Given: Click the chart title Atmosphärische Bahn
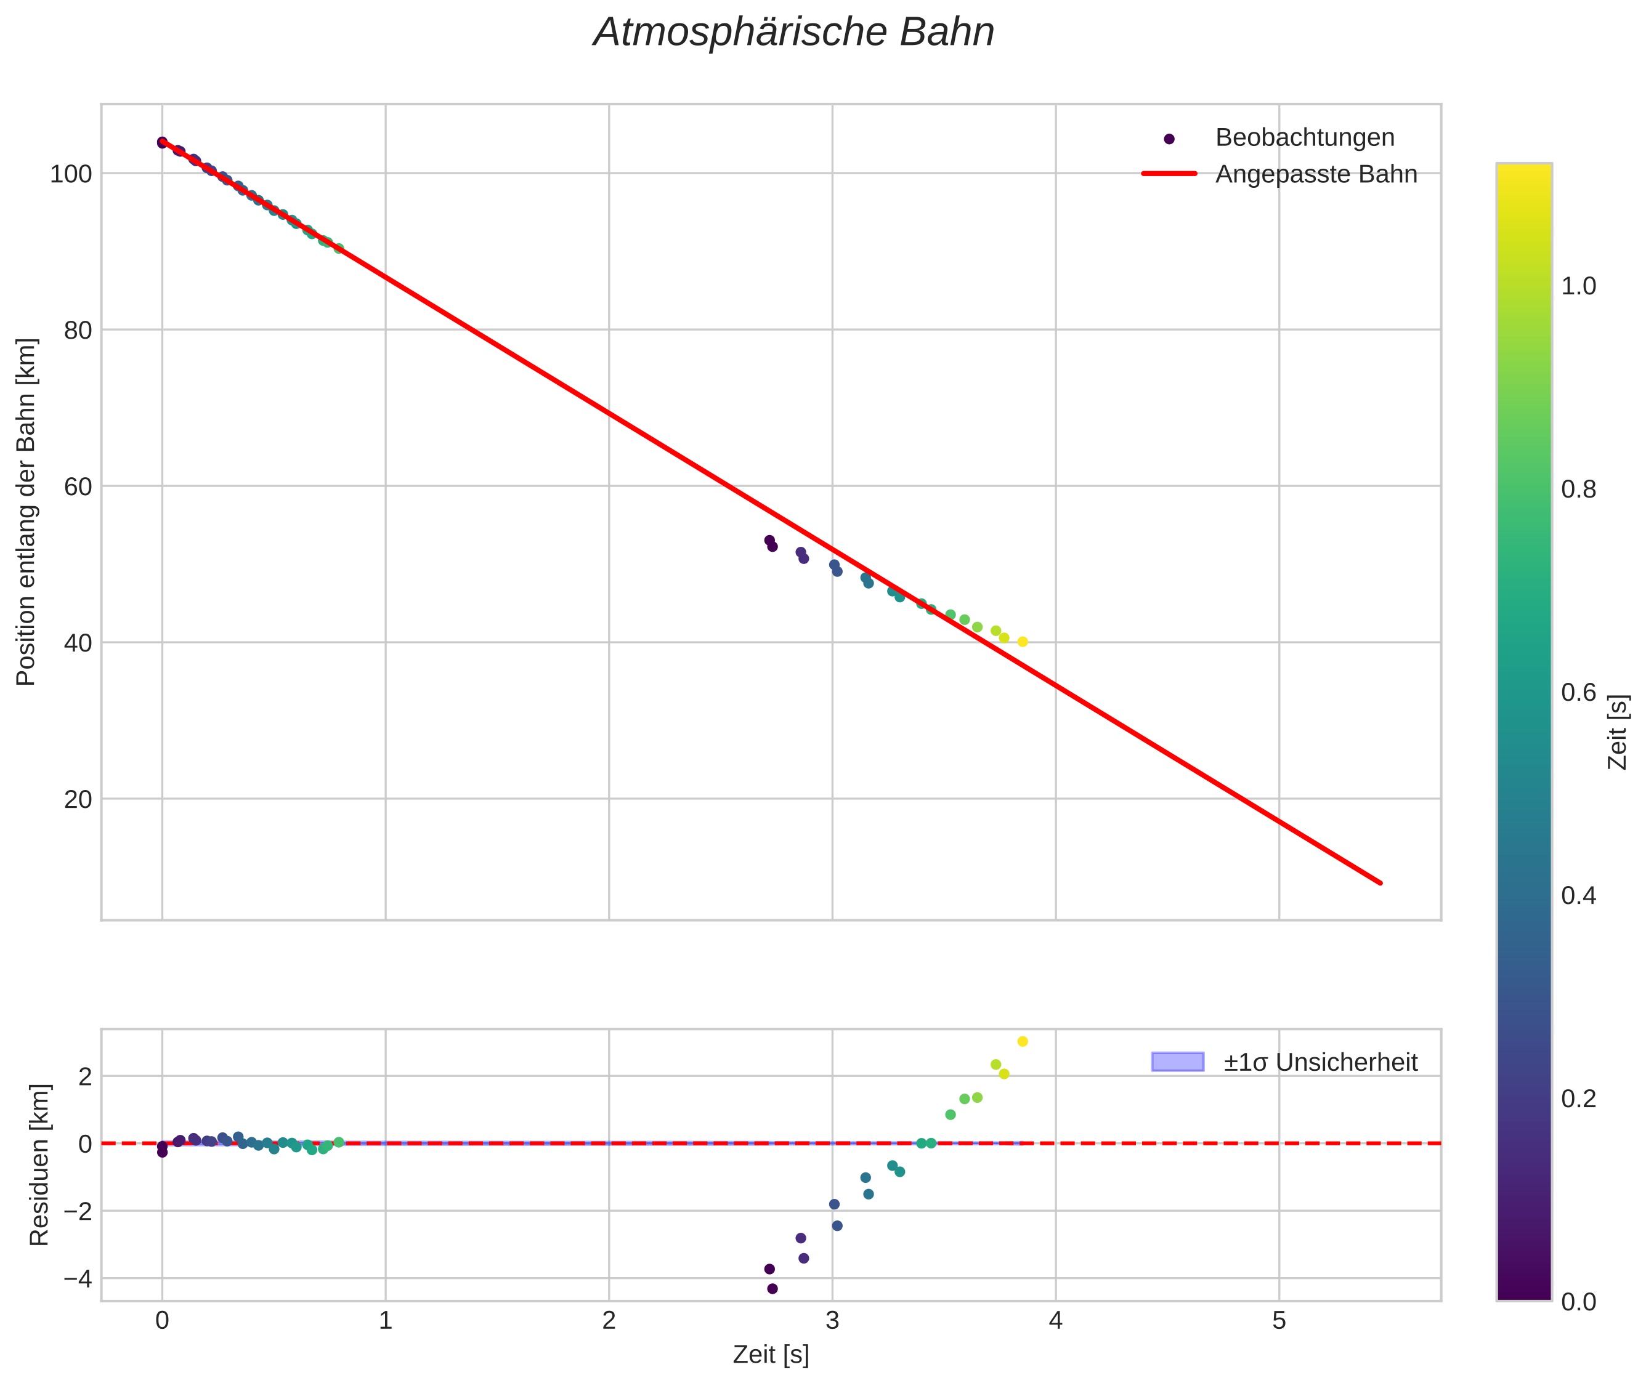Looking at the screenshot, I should [793, 33].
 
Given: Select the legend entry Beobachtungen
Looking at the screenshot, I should [1304, 138].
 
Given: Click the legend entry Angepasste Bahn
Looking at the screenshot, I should [1316, 174].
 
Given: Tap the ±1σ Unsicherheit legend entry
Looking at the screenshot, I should [1320, 1062].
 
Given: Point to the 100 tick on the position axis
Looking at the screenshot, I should [71, 174].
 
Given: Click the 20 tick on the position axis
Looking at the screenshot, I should [78, 800].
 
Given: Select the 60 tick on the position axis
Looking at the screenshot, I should [78, 487].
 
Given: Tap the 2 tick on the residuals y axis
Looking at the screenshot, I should [84, 1076].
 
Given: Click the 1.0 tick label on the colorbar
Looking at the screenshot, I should [1578, 286].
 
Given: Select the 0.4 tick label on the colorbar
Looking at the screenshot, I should [1578, 895].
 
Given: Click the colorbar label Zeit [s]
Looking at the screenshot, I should [1618, 732].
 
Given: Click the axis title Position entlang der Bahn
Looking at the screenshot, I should [26, 512].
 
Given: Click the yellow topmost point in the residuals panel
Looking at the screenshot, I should [1023, 1041].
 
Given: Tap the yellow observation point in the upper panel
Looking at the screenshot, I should [1023, 642].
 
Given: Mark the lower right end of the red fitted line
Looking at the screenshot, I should [1380, 883].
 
